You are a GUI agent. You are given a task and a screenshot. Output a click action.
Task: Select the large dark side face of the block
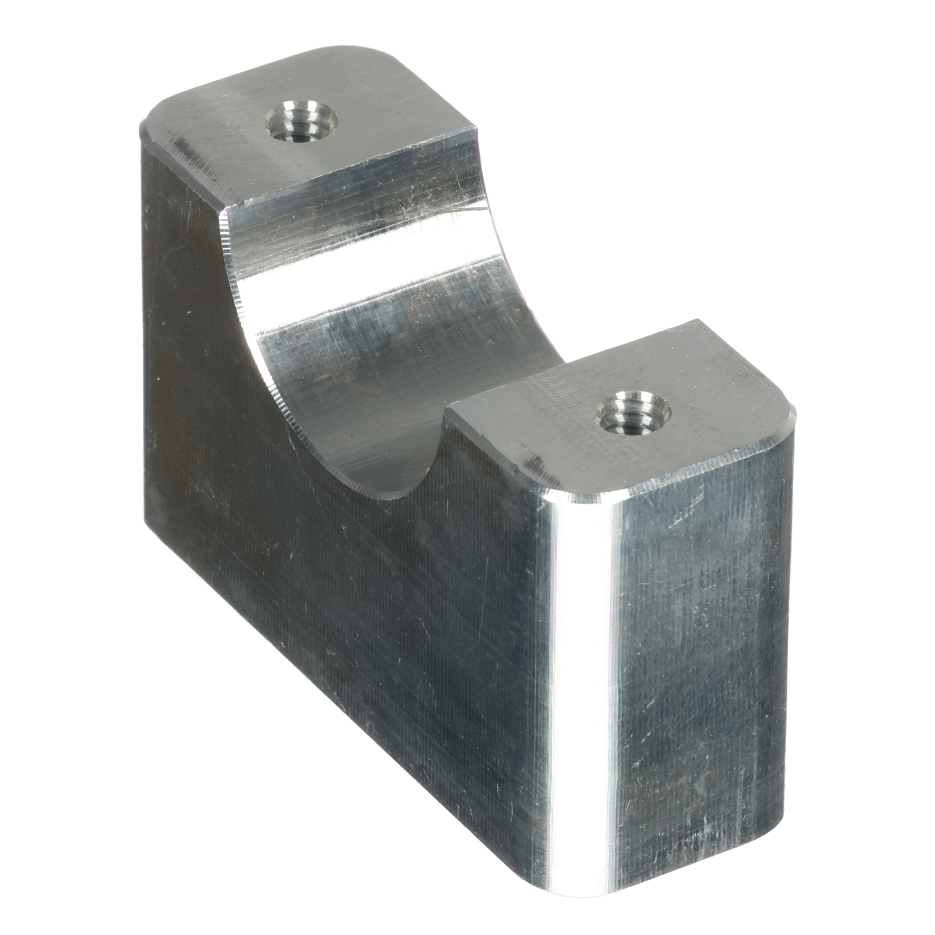point(339,557)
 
